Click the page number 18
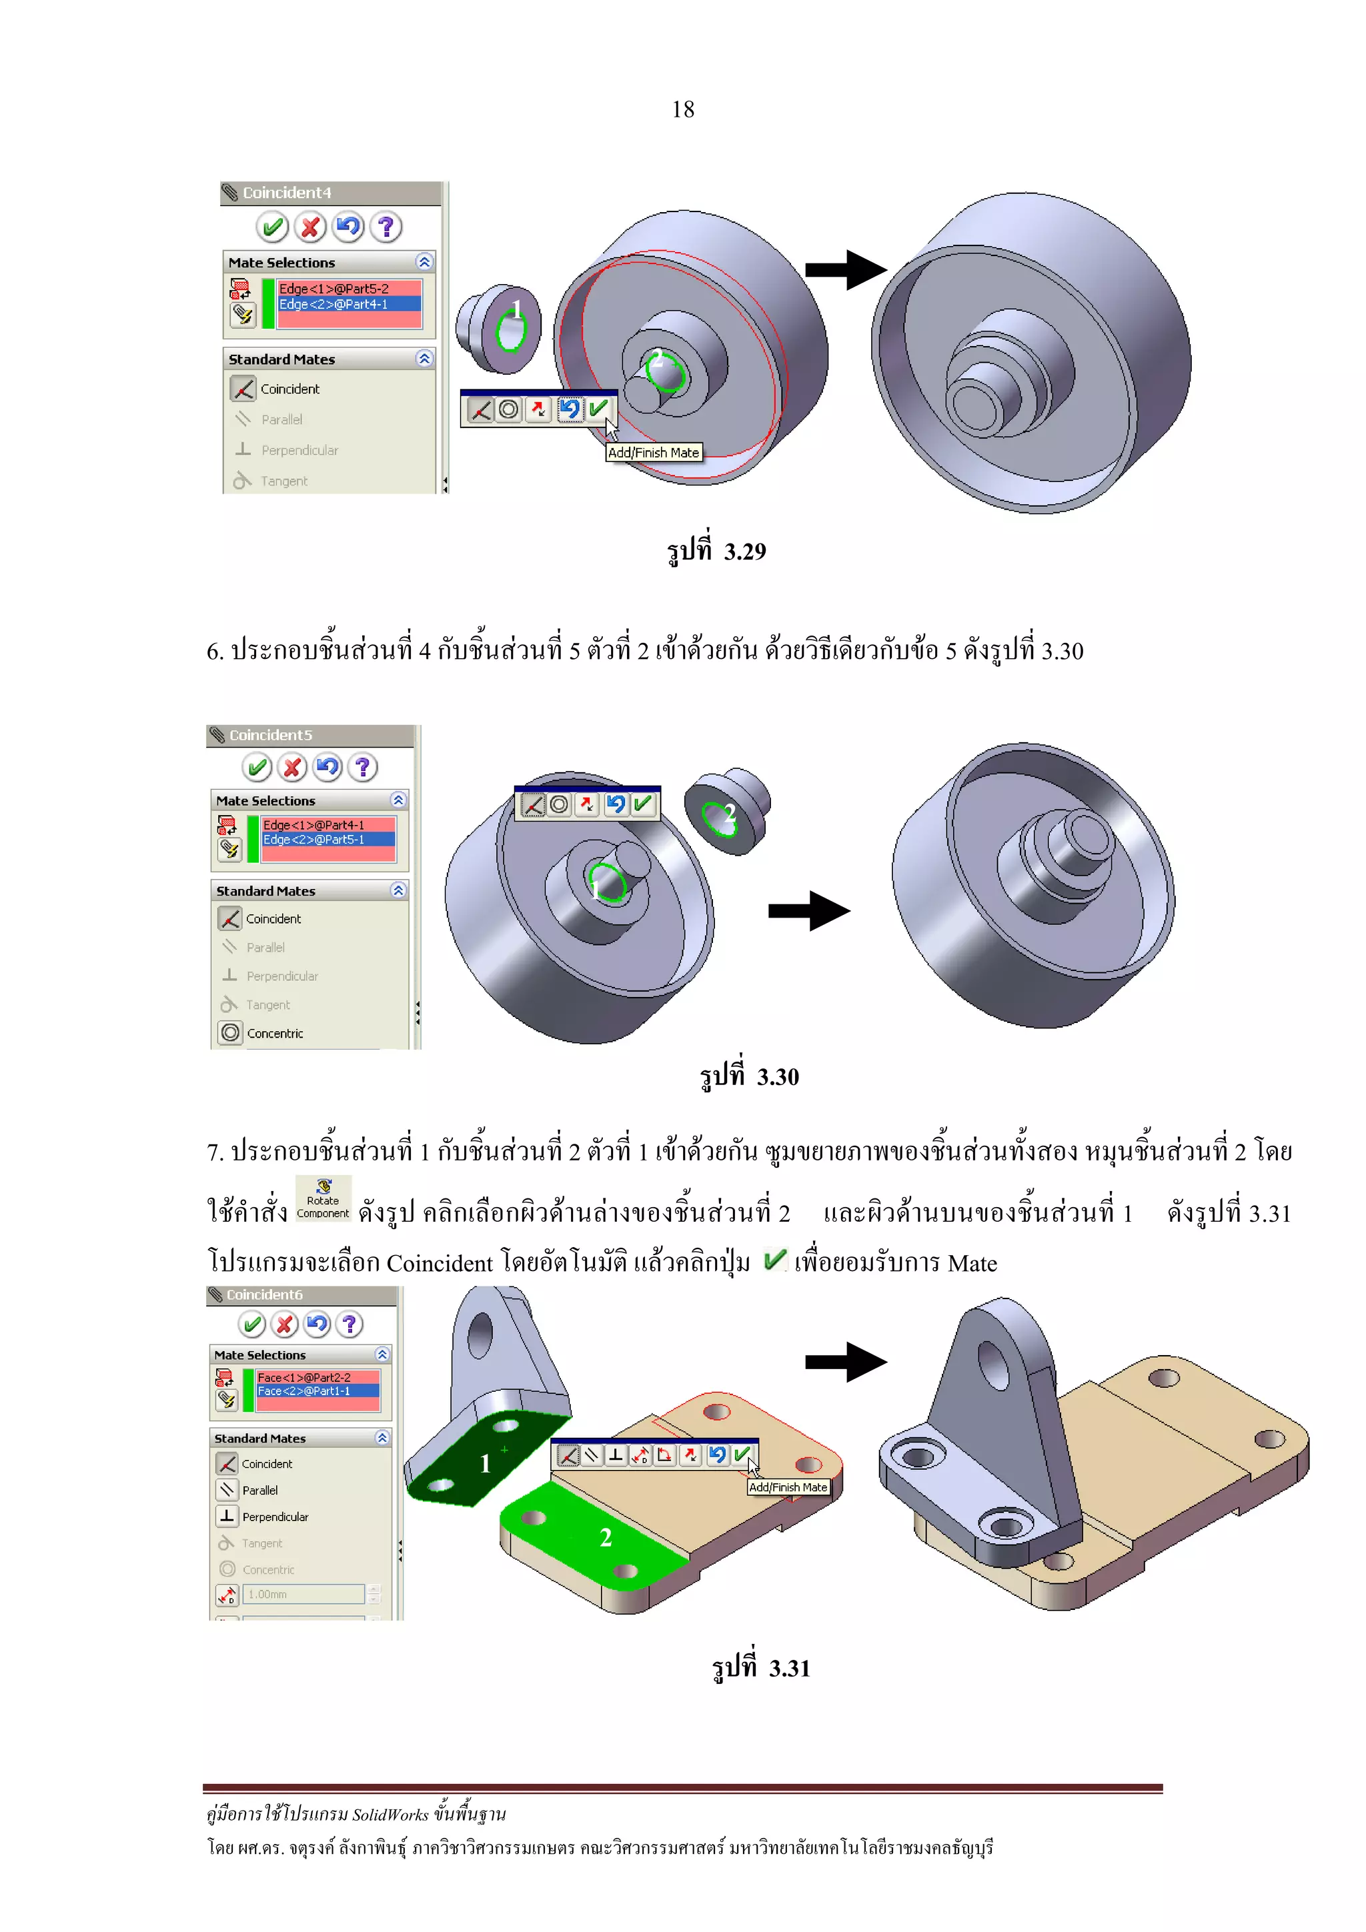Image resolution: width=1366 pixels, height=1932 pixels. point(682,109)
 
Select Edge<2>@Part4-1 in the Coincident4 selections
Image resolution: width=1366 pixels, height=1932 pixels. point(333,303)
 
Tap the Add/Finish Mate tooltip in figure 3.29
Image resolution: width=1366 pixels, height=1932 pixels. point(653,453)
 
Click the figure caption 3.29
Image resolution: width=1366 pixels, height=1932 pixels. point(716,551)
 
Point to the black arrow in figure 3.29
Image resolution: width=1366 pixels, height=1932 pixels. point(845,270)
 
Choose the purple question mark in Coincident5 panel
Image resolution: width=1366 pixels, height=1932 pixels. point(363,768)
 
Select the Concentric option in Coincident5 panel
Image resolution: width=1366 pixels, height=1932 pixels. point(274,1033)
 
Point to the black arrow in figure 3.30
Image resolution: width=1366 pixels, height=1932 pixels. point(808,910)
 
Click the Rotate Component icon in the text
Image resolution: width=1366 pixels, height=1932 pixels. point(323,1198)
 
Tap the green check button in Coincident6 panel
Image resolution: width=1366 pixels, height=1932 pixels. point(251,1324)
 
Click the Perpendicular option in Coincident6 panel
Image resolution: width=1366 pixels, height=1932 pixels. point(275,1517)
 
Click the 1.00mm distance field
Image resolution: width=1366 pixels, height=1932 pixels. point(303,1595)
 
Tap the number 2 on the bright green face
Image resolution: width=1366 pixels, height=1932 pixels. point(605,1538)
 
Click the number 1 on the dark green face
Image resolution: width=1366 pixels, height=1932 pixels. point(485,1464)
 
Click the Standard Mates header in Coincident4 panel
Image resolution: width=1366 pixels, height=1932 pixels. point(282,359)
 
